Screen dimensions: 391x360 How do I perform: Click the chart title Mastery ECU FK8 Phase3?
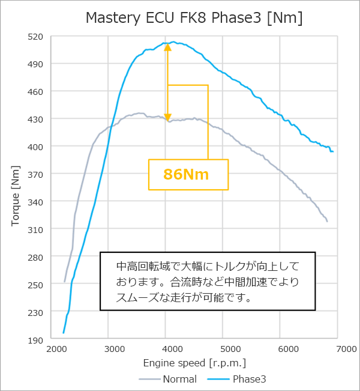click(x=194, y=18)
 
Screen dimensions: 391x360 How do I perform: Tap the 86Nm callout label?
click(x=187, y=175)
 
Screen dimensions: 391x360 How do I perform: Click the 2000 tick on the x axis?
click(x=57, y=349)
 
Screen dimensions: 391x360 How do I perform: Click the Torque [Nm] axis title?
click(x=16, y=188)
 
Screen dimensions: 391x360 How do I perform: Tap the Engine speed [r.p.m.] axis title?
click(x=194, y=363)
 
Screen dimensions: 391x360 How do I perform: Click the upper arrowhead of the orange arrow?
click(x=167, y=46)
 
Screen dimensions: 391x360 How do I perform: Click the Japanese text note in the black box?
click(x=207, y=281)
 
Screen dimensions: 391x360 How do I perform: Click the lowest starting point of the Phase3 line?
click(x=63, y=333)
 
